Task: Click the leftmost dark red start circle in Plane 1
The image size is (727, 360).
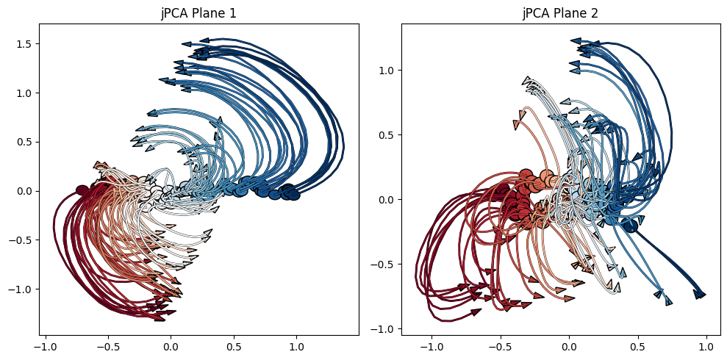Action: point(82,190)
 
